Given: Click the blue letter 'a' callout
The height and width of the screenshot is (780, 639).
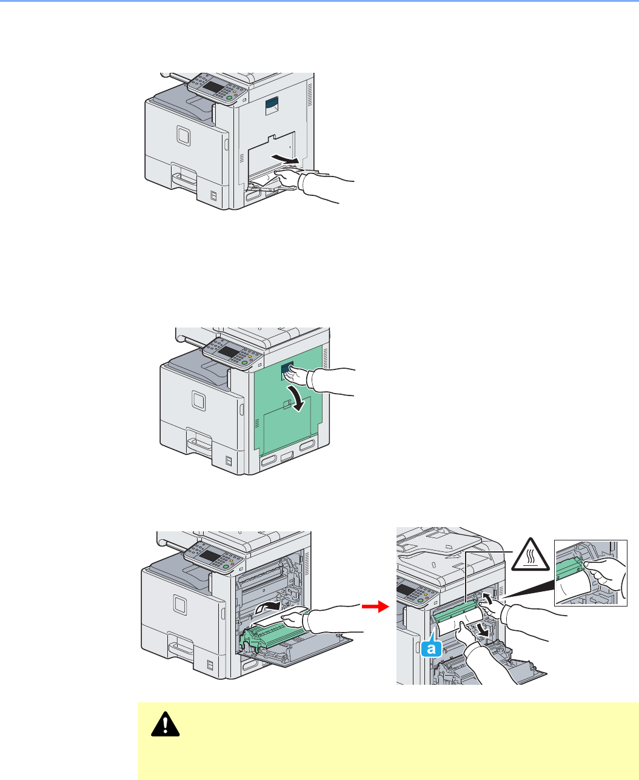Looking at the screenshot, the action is click(x=430, y=649).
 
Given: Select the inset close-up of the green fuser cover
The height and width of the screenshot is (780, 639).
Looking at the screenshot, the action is click(x=590, y=572).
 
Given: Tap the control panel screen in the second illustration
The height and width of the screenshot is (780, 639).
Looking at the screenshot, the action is click(x=229, y=352).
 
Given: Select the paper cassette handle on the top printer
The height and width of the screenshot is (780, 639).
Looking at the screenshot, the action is click(x=186, y=179).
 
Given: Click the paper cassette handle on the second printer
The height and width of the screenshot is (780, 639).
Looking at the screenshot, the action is click(x=200, y=441).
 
